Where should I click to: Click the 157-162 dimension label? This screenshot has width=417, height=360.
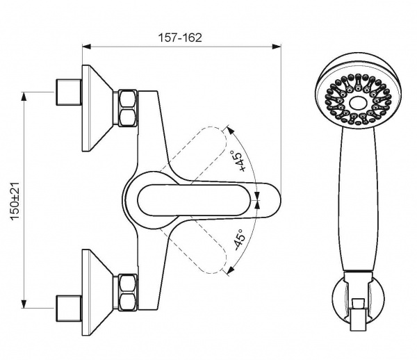[x=180, y=38]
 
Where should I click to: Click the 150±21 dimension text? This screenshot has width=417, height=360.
[x=15, y=202]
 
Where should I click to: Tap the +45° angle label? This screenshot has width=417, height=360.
[x=238, y=161]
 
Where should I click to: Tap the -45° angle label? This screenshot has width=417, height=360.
[x=238, y=240]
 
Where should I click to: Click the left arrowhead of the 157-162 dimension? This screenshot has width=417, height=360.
[x=87, y=47]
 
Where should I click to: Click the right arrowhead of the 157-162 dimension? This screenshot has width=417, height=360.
[x=277, y=47]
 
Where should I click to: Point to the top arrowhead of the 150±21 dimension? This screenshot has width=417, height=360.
[x=24, y=97]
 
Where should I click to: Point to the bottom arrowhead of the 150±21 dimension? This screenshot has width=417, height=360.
[x=24, y=304]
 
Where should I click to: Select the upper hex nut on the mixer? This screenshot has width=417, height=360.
[x=128, y=108]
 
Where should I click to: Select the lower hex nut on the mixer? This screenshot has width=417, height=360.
[x=128, y=292]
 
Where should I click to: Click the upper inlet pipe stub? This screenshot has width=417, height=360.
[x=69, y=92]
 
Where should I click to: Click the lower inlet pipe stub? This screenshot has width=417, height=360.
[x=69, y=308]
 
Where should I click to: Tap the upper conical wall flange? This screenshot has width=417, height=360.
[x=97, y=108]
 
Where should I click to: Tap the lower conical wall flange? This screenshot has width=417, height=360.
[x=97, y=293]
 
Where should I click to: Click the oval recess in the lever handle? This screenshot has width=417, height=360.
[x=194, y=200]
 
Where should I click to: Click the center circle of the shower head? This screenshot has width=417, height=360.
[x=358, y=103]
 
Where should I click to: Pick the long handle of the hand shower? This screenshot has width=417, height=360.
[x=358, y=200]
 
